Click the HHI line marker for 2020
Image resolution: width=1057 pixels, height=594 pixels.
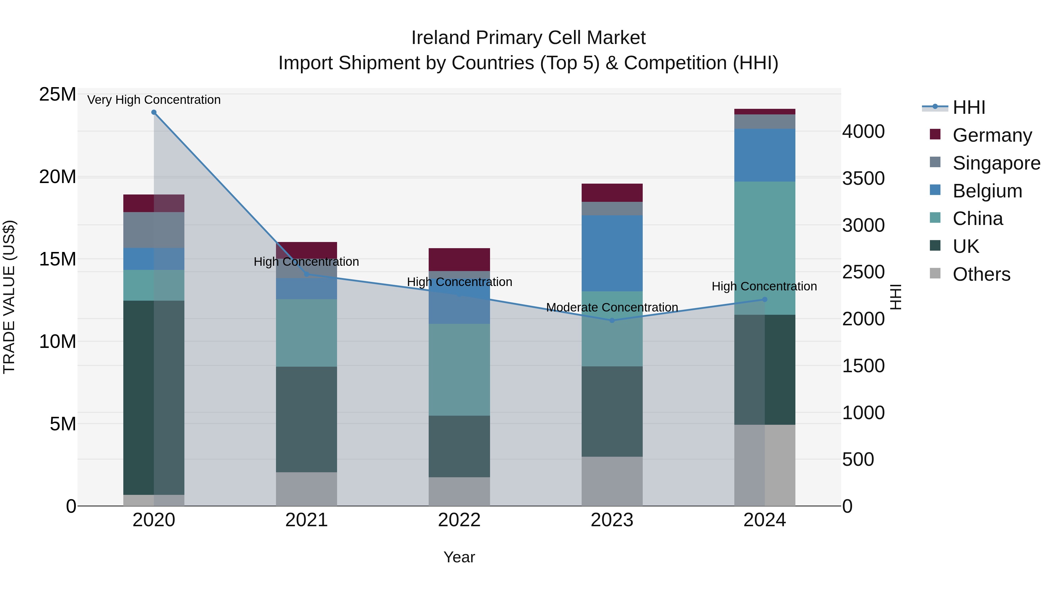154,112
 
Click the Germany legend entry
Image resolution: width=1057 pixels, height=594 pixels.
992,135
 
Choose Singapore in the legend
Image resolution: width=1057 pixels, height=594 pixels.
996,163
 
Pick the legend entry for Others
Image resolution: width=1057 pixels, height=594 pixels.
981,274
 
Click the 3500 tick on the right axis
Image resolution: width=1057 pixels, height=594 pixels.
863,178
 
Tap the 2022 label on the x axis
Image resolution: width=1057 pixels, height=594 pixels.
459,520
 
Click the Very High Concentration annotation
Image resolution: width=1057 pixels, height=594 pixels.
154,100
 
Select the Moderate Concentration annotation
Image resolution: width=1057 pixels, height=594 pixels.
612,307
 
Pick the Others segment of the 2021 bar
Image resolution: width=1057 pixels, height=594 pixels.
306,489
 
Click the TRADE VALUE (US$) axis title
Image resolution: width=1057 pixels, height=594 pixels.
9,297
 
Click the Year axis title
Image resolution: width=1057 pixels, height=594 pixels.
459,557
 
